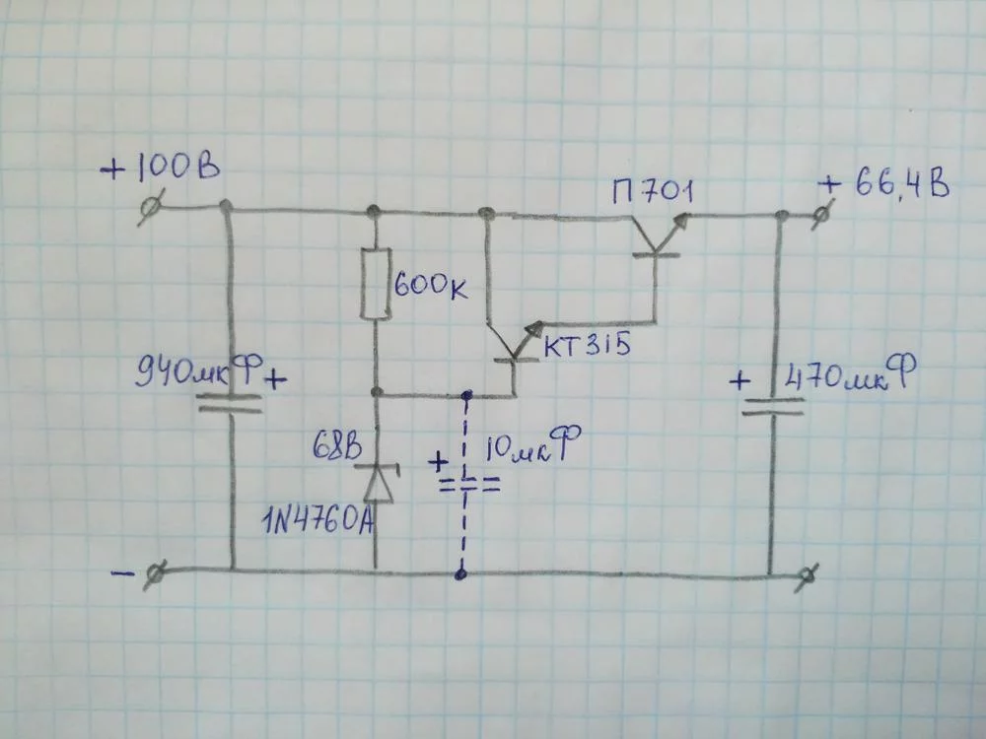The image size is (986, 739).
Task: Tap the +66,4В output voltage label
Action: point(884,184)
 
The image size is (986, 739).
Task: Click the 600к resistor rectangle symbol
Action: point(376,285)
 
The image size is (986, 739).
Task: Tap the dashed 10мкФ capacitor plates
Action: point(464,485)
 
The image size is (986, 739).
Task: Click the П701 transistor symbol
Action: point(654,236)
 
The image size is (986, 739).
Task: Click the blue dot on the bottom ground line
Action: point(460,571)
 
